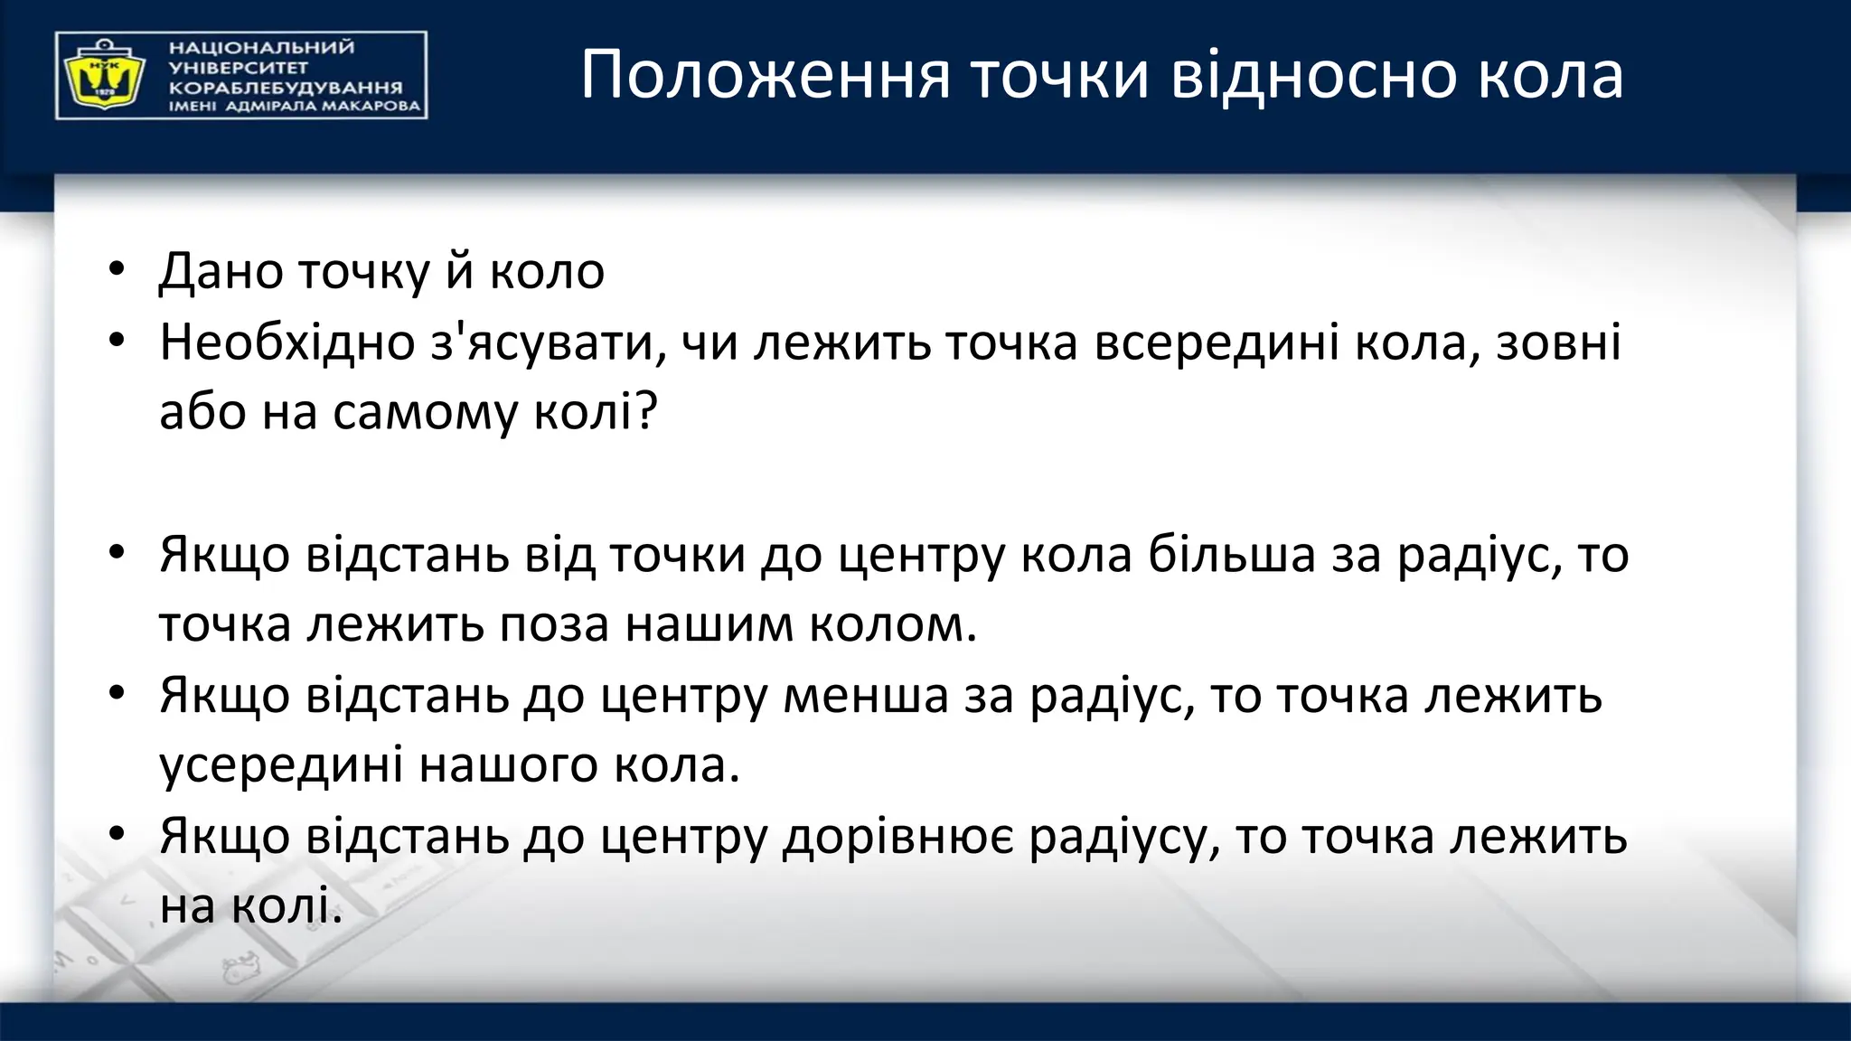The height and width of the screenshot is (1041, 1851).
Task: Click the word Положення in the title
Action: (x=765, y=76)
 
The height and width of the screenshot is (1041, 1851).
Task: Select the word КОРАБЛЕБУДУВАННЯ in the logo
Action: (x=286, y=88)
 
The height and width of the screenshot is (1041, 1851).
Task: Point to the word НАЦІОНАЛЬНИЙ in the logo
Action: (x=262, y=47)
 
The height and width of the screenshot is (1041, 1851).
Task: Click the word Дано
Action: (x=220, y=271)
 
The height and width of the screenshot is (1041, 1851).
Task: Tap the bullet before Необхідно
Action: (x=116, y=342)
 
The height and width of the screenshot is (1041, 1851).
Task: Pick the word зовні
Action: (x=1558, y=343)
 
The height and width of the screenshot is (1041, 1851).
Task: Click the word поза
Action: (x=554, y=624)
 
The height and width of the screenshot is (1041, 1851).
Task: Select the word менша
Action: (x=865, y=696)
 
